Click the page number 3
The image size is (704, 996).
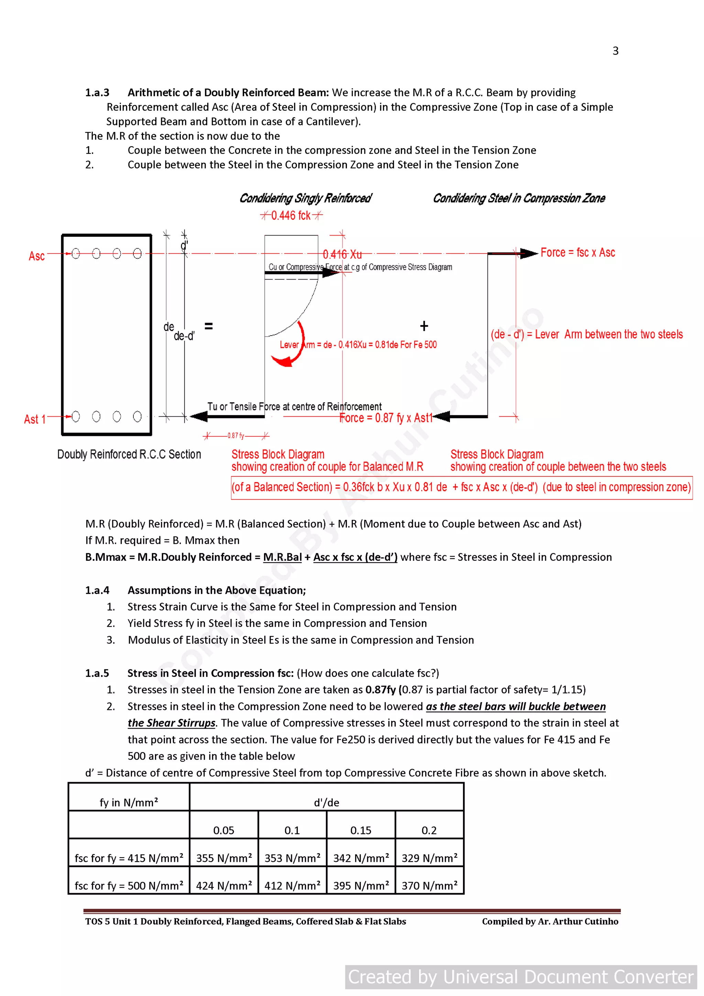coord(615,51)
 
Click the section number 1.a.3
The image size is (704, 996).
coord(97,93)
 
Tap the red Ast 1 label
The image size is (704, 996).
coord(35,419)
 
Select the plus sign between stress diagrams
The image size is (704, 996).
coord(424,326)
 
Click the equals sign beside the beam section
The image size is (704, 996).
coord(209,326)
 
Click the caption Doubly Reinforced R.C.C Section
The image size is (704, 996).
coord(129,455)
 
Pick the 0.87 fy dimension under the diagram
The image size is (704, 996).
coord(235,436)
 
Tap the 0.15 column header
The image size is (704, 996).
coord(361,830)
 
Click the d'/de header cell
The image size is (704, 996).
coord(326,802)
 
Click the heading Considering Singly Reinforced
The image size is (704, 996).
coord(305,199)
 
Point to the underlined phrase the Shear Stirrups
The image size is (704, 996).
coord(171,723)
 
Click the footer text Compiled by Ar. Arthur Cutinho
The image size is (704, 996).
coord(550,921)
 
